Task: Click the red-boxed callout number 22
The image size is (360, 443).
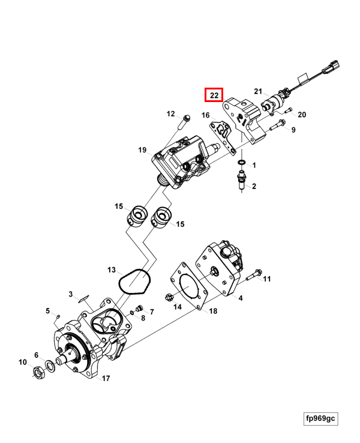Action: click(214, 95)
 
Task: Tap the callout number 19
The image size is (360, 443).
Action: click(142, 150)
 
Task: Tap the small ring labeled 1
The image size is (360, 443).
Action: click(240, 163)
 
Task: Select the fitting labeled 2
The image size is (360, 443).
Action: click(242, 179)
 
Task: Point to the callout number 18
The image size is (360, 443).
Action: click(213, 311)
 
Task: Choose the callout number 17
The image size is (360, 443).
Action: click(106, 378)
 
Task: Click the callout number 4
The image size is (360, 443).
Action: click(241, 297)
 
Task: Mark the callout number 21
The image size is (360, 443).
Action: click(259, 91)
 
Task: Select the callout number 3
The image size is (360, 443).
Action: click(70, 294)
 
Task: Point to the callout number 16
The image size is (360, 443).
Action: click(205, 115)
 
